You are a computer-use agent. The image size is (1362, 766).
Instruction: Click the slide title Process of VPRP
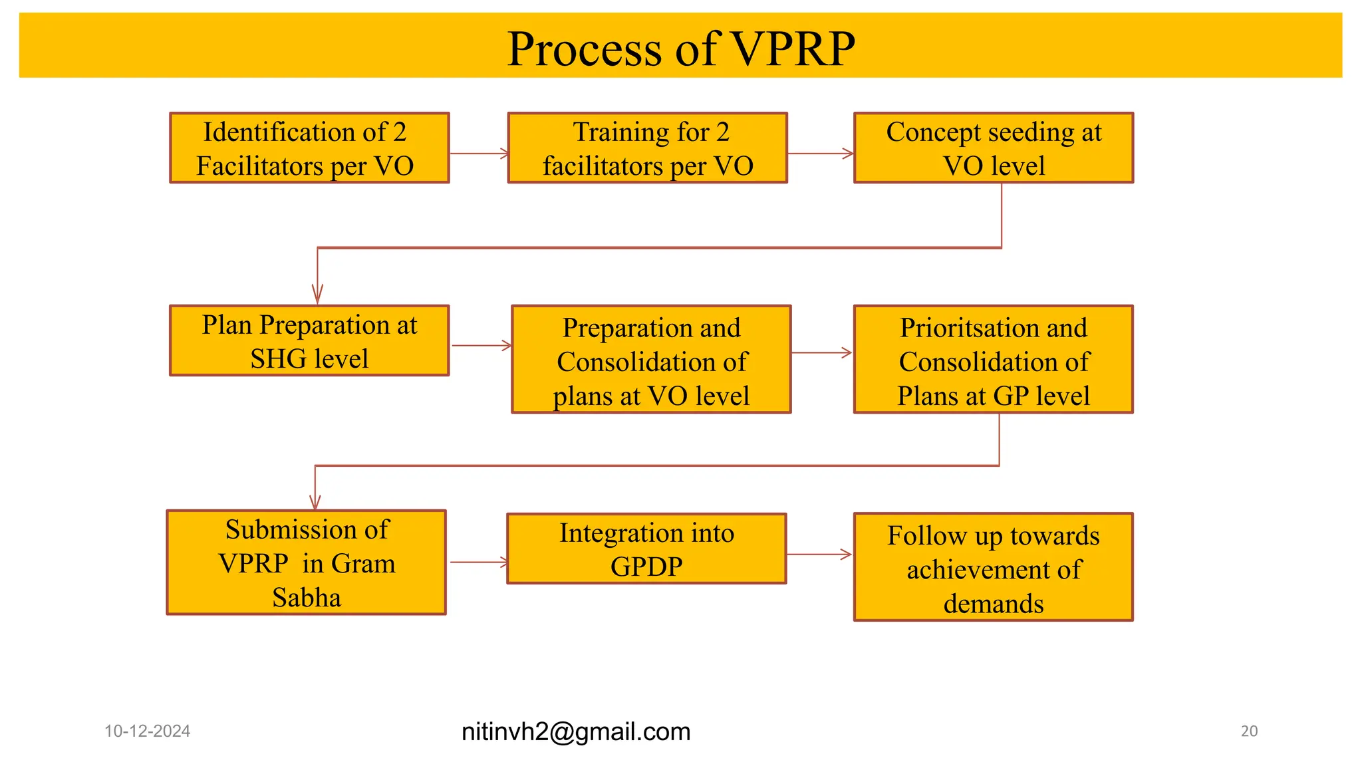click(680, 49)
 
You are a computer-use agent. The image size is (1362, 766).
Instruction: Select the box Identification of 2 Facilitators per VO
click(309, 148)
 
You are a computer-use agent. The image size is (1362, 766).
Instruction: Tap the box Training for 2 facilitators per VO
click(647, 148)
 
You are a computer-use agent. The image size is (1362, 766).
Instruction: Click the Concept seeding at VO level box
click(993, 148)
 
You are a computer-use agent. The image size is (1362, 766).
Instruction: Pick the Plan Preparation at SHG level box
click(309, 340)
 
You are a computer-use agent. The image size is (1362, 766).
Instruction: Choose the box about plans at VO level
click(651, 360)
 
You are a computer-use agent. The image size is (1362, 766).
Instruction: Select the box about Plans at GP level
click(993, 360)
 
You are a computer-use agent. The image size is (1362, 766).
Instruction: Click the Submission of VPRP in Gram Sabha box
click(306, 563)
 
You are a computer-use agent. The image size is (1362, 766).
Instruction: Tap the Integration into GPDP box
click(646, 549)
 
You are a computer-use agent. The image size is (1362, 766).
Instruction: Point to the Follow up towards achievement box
click(993, 567)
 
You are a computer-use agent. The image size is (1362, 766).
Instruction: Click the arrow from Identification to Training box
click(478, 154)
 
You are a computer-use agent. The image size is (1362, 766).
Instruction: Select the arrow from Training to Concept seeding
click(820, 154)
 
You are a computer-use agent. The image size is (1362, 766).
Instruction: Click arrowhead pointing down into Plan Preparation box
click(317, 294)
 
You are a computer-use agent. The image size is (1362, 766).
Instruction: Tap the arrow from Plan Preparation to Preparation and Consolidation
click(481, 346)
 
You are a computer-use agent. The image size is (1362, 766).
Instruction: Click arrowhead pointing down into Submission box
click(315, 501)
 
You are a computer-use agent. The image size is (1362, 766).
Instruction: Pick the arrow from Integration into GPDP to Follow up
click(819, 554)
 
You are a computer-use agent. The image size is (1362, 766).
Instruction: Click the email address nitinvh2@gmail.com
click(576, 731)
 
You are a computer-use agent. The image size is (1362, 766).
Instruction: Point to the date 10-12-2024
click(147, 731)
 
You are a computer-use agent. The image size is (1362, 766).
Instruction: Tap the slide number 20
click(1249, 731)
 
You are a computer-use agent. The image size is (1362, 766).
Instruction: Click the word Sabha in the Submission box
click(306, 598)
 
